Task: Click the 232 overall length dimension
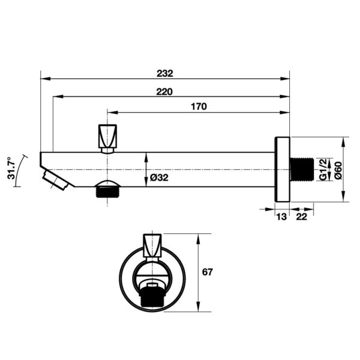(165, 73)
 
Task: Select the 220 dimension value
(164, 92)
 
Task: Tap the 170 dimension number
(199, 107)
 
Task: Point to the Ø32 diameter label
(159, 178)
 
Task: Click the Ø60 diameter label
(339, 170)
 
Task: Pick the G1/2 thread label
(323, 169)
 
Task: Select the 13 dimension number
(281, 217)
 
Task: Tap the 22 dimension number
(301, 217)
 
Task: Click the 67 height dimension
(208, 272)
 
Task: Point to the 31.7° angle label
(11, 168)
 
